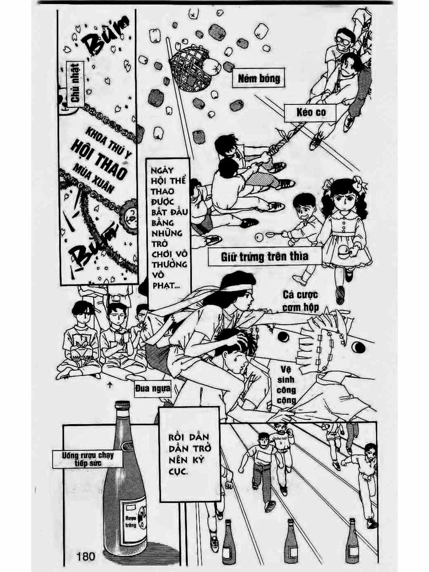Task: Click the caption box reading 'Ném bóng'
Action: pyautogui.click(x=259, y=79)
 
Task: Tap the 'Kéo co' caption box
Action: pyautogui.click(x=311, y=113)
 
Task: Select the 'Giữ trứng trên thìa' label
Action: pyautogui.click(x=265, y=257)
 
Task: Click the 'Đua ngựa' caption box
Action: pyautogui.click(x=152, y=389)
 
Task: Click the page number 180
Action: pyautogui.click(x=85, y=557)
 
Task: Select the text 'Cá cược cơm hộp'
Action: pyautogui.click(x=300, y=301)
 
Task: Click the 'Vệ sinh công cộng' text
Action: pyautogui.click(x=286, y=385)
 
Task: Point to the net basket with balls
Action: pyautogui.click(x=191, y=69)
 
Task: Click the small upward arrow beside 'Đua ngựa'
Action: pyautogui.click(x=110, y=385)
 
